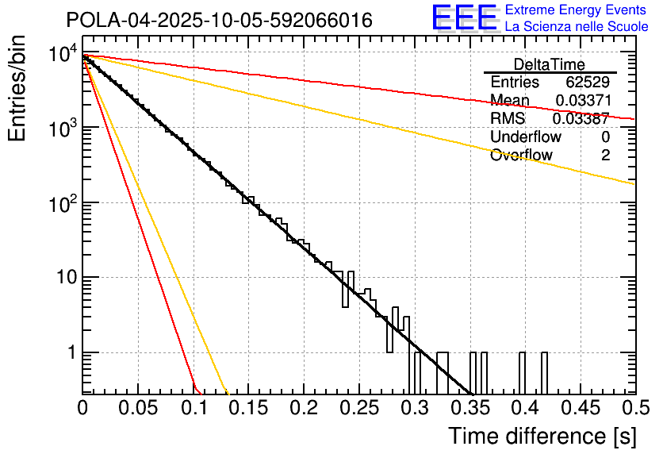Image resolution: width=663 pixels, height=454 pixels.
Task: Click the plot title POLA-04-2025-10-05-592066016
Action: coord(219,21)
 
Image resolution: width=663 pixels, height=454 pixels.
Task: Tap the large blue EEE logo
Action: coord(464,19)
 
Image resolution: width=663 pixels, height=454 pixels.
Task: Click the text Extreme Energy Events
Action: coord(577,11)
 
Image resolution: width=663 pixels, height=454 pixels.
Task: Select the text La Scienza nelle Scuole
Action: coord(577,27)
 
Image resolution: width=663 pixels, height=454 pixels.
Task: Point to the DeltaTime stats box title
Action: coord(550,64)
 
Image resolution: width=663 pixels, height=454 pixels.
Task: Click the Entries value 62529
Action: coord(588,83)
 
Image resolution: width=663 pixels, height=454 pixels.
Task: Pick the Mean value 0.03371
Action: coord(582,101)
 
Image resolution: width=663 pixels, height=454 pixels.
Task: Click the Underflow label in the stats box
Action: coord(526,137)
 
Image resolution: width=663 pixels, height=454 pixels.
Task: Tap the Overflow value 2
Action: coord(605,156)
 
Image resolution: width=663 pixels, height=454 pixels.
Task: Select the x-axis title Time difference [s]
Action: coord(541,436)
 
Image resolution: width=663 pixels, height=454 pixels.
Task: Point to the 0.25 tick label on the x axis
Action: coord(358,409)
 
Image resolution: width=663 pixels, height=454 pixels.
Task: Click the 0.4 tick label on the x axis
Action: coord(524,409)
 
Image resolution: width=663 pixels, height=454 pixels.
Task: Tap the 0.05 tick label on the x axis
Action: coord(138,409)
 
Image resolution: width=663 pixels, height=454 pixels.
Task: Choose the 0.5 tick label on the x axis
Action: coord(634,409)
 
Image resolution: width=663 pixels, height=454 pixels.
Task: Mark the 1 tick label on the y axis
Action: coord(71,352)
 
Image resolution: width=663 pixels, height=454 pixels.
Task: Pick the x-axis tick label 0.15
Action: coord(248,409)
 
